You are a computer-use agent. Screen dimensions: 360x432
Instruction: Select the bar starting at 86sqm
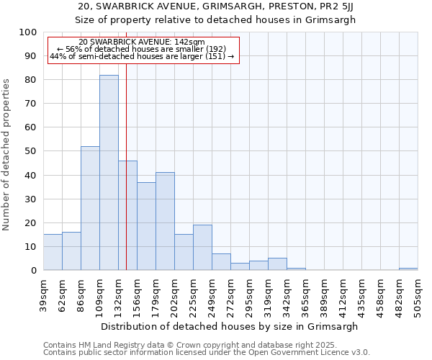click(x=90, y=208)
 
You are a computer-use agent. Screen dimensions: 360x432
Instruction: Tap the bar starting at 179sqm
click(x=165, y=221)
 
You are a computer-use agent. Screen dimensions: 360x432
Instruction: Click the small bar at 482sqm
click(x=408, y=269)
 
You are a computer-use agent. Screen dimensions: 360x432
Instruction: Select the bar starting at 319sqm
click(x=277, y=264)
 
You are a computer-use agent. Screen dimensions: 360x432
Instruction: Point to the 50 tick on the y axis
click(x=31, y=151)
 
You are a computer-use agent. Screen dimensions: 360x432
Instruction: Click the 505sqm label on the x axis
click(x=418, y=295)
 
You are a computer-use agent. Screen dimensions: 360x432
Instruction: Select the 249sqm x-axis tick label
click(x=212, y=295)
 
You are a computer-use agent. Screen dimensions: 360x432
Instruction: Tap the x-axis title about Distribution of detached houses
click(x=229, y=326)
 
